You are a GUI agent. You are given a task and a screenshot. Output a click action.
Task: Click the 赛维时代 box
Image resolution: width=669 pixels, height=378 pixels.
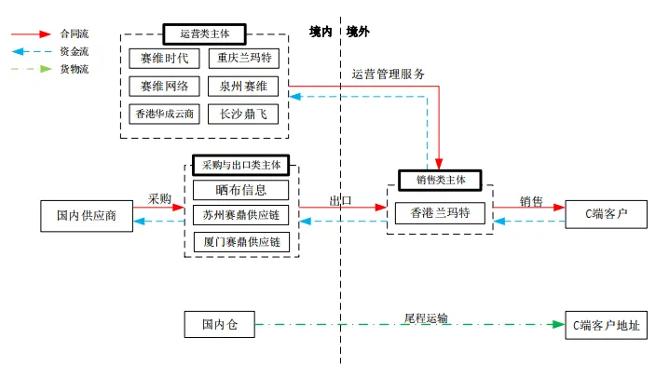[x=164, y=58]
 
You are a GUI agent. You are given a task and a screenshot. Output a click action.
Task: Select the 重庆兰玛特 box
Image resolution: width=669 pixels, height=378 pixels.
[x=242, y=58]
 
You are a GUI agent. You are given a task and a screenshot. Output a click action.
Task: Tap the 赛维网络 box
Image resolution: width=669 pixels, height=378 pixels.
[x=164, y=86]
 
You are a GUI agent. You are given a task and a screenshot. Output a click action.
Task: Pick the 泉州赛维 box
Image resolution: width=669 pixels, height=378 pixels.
[x=242, y=86]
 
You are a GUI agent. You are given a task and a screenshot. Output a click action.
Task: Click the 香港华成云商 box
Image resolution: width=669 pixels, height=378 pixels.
[x=164, y=115]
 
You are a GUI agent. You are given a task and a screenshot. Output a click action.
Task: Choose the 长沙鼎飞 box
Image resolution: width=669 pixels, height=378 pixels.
[x=242, y=115]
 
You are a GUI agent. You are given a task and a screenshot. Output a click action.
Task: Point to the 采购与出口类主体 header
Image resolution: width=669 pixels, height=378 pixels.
[x=240, y=165]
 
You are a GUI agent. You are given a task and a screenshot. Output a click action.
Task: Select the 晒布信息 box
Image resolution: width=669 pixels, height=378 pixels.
[x=241, y=190]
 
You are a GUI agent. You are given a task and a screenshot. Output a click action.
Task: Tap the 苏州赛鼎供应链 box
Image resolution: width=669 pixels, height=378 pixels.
[x=241, y=216]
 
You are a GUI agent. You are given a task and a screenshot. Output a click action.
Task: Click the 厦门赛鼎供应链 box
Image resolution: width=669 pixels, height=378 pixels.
[x=241, y=242]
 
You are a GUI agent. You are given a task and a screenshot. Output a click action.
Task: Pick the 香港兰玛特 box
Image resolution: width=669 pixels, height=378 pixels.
[x=440, y=213]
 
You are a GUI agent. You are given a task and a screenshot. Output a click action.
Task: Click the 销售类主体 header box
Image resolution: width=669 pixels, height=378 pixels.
[x=439, y=180]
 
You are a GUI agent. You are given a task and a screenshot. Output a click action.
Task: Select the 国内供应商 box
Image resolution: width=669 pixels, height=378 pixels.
[x=87, y=215]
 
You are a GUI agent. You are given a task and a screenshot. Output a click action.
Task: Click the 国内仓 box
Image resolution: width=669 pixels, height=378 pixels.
[x=220, y=325]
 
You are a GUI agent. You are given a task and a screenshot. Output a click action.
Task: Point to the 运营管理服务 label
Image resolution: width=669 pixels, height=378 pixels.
[x=389, y=74]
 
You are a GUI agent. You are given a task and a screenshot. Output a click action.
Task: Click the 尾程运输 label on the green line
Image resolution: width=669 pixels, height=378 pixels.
[x=425, y=318]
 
